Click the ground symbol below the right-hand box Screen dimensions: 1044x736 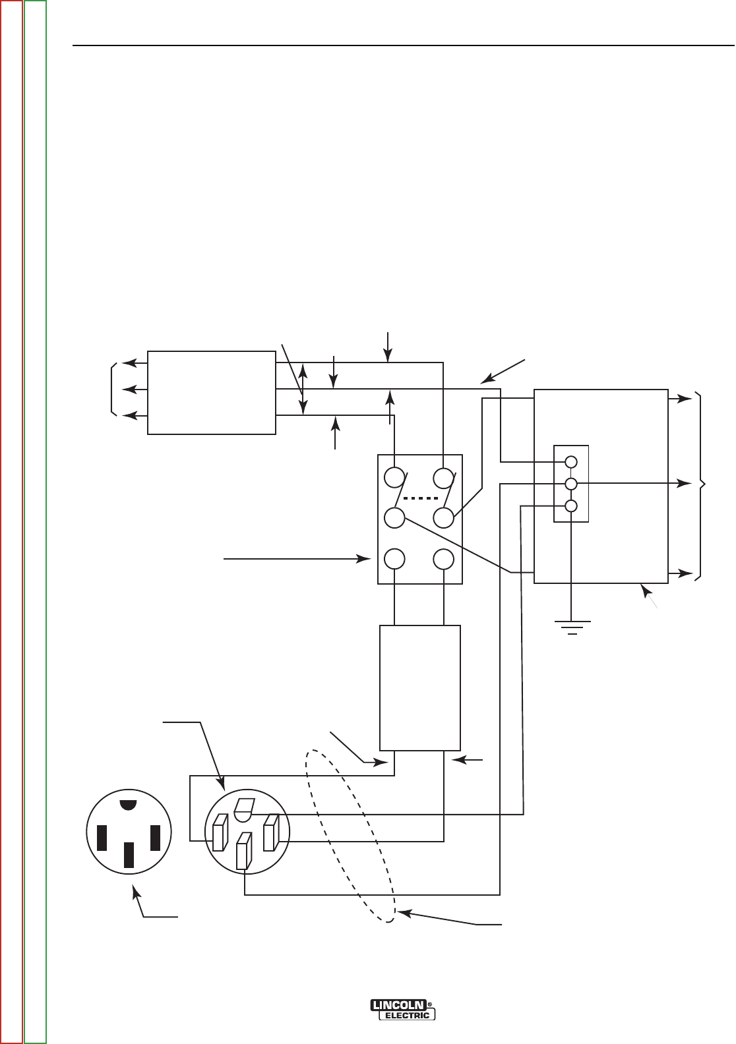572,627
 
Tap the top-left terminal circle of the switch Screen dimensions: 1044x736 394,477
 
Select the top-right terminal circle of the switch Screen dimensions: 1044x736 444,477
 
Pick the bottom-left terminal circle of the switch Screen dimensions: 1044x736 394,559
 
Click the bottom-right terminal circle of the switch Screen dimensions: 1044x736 444,559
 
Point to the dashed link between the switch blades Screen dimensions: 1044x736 420,498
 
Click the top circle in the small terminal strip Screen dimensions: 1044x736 572,462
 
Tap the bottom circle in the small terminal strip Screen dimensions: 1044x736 572,506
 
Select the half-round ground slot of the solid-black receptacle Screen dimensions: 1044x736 129,805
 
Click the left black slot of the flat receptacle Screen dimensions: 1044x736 102,837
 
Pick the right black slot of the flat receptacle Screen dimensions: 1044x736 156,837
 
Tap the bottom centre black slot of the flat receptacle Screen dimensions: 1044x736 129,854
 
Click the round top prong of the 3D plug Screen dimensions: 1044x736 243,809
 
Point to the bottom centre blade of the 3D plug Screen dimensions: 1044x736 243,851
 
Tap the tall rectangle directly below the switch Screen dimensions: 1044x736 420,687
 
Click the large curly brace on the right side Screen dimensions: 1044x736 702,486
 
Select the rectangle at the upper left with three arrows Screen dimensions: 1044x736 211,392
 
